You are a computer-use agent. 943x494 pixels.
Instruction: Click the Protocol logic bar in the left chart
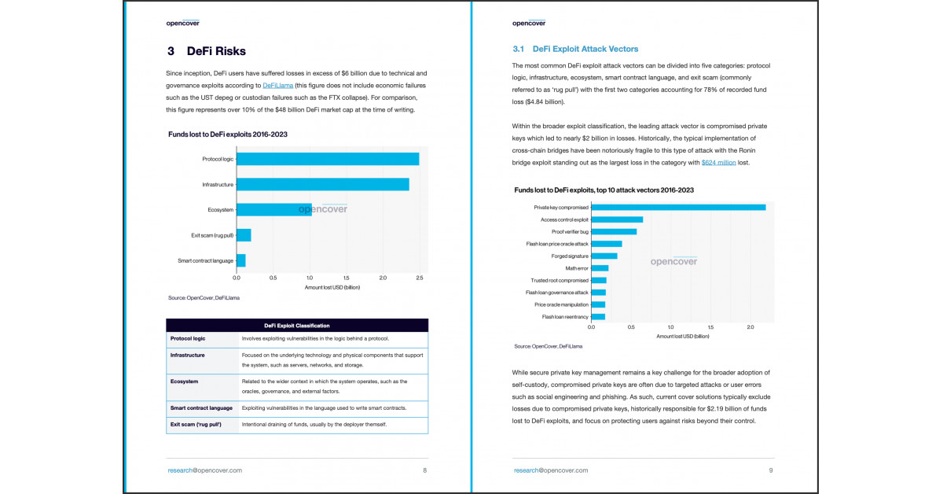click(327, 159)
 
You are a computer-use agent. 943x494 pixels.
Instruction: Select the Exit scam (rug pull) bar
click(244, 235)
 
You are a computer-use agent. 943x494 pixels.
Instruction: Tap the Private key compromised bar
click(677, 208)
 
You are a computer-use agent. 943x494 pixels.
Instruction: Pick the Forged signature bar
click(604, 256)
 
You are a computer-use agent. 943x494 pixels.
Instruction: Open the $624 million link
click(718, 162)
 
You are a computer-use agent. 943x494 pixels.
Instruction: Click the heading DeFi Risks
click(206, 51)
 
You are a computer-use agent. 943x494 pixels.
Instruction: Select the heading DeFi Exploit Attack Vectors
click(574, 49)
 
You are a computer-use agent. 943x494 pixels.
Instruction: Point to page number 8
click(424, 470)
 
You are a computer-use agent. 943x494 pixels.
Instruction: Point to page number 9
click(771, 470)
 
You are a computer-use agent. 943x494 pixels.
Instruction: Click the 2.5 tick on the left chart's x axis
click(419, 278)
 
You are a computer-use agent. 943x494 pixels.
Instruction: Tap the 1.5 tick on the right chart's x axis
click(710, 326)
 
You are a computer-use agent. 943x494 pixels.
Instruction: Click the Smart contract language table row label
click(201, 408)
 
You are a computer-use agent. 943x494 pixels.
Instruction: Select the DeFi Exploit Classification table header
click(296, 326)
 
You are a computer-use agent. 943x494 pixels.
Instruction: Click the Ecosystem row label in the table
click(184, 382)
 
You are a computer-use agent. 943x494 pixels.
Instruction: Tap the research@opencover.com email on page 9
click(550, 470)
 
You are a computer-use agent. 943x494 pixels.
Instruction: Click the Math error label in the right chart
click(576, 268)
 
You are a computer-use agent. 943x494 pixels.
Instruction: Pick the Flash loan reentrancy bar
click(597, 316)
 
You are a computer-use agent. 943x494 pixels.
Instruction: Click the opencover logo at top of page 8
click(182, 23)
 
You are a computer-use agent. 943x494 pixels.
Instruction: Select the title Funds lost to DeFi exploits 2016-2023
click(227, 135)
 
